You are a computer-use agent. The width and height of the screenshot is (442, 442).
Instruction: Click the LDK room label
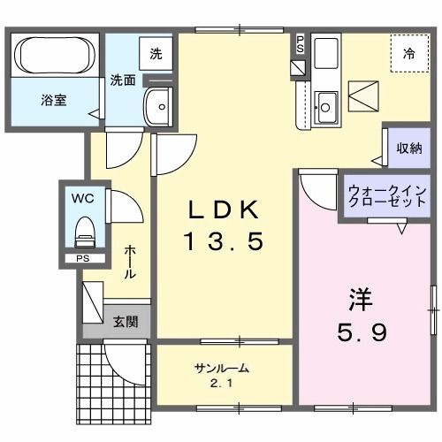[x=224, y=210]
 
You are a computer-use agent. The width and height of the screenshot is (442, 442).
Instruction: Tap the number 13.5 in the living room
[x=224, y=240]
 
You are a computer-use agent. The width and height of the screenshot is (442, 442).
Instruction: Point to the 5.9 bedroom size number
[x=362, y=333]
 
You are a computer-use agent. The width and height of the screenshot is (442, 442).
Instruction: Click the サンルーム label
[x=221, y=368]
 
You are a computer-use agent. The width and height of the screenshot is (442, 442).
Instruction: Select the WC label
[x=84, y=196]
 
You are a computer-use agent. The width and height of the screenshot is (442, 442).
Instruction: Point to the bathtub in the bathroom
[x=53, y=57]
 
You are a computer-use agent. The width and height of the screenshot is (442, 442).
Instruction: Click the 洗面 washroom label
[x=122, y=80]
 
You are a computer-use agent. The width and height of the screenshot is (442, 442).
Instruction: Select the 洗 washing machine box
[x=156, y=53]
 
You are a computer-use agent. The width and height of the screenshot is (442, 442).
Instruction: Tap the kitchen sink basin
[x=324, y=105]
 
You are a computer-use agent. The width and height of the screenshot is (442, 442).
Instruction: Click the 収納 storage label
[x=408, y=148]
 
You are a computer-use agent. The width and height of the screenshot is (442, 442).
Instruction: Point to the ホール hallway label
[x=129, y=263]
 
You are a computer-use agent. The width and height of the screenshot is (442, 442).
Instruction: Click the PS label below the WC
[x=82, y=259]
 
